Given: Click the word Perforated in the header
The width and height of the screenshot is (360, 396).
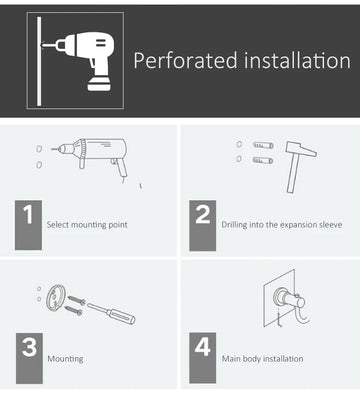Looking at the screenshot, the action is (x=186, y=61).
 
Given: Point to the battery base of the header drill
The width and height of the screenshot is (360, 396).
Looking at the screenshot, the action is (x=99, y=83).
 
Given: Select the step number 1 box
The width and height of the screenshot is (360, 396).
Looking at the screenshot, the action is (x=28, y=225).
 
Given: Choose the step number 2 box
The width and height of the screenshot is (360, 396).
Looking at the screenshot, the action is (x=203, y=225).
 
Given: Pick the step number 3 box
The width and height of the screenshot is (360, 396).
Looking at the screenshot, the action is (x=29, y=358).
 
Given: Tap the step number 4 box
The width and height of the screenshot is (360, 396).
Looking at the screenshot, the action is (x=203, y=358).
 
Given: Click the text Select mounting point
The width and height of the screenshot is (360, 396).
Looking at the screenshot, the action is (x=87, y=225).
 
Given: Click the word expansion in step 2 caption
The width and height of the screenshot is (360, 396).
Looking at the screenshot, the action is (x=299, y=225).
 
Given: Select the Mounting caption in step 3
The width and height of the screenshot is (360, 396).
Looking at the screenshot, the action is (x=65, y=359).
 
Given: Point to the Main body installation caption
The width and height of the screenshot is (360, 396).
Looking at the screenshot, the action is (x=263, y=359).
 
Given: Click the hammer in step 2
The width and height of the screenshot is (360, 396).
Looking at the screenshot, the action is (x=299, y=166).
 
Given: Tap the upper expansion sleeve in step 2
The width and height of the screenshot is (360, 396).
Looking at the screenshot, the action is (x=263, y=145).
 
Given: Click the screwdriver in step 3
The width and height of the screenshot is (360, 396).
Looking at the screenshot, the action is (x=111, y=313).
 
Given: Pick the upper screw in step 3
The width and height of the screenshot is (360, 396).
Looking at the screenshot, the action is (x=77, y=300).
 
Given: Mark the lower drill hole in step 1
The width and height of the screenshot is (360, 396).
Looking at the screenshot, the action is (x=39, y=165).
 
